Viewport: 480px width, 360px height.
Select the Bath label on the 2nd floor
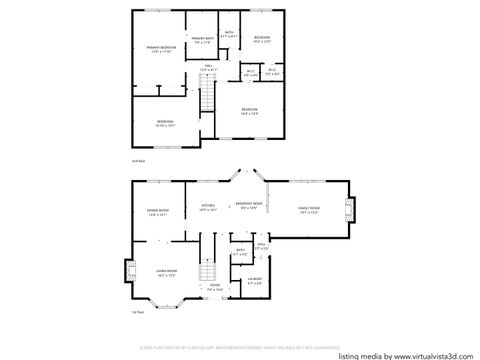coord(229,34)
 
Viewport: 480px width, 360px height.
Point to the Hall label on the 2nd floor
coord(210,67)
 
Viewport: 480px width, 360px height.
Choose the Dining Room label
coord(158,213)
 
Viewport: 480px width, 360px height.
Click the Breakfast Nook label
coord(249,206)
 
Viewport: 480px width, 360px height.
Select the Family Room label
coord(309,210)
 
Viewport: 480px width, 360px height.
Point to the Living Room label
coord(166,273)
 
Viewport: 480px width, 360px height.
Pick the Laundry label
coord(254,281)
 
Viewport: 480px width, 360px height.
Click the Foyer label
coord(215,287)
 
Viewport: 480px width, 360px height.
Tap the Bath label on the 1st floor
coord(239,254)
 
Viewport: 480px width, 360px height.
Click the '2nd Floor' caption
coord(138,161)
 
